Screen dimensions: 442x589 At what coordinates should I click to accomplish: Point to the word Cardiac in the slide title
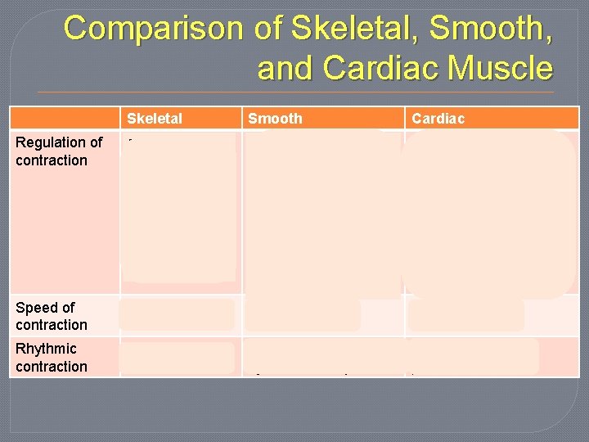(x=384, y=68)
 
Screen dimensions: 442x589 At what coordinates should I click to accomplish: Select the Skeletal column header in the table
(x=155, y=119)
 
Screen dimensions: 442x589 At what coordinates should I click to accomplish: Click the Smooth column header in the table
(x=275, y=119)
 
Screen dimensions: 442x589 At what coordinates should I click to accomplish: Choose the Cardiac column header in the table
(x=438, y=119)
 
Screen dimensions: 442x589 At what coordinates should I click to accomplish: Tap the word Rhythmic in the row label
(x=46, y=350)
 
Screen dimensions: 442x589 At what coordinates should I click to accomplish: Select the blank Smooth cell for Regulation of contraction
(x=323, y=213)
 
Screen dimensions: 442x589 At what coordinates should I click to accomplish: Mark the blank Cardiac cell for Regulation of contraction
(x=489, y=213)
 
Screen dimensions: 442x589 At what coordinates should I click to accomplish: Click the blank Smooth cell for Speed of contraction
(x=302, y=315)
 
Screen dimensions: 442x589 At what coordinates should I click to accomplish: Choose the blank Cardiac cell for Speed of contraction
(x=466, y=315)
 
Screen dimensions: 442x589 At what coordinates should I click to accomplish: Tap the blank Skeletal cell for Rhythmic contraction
(x=177, y=358)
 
